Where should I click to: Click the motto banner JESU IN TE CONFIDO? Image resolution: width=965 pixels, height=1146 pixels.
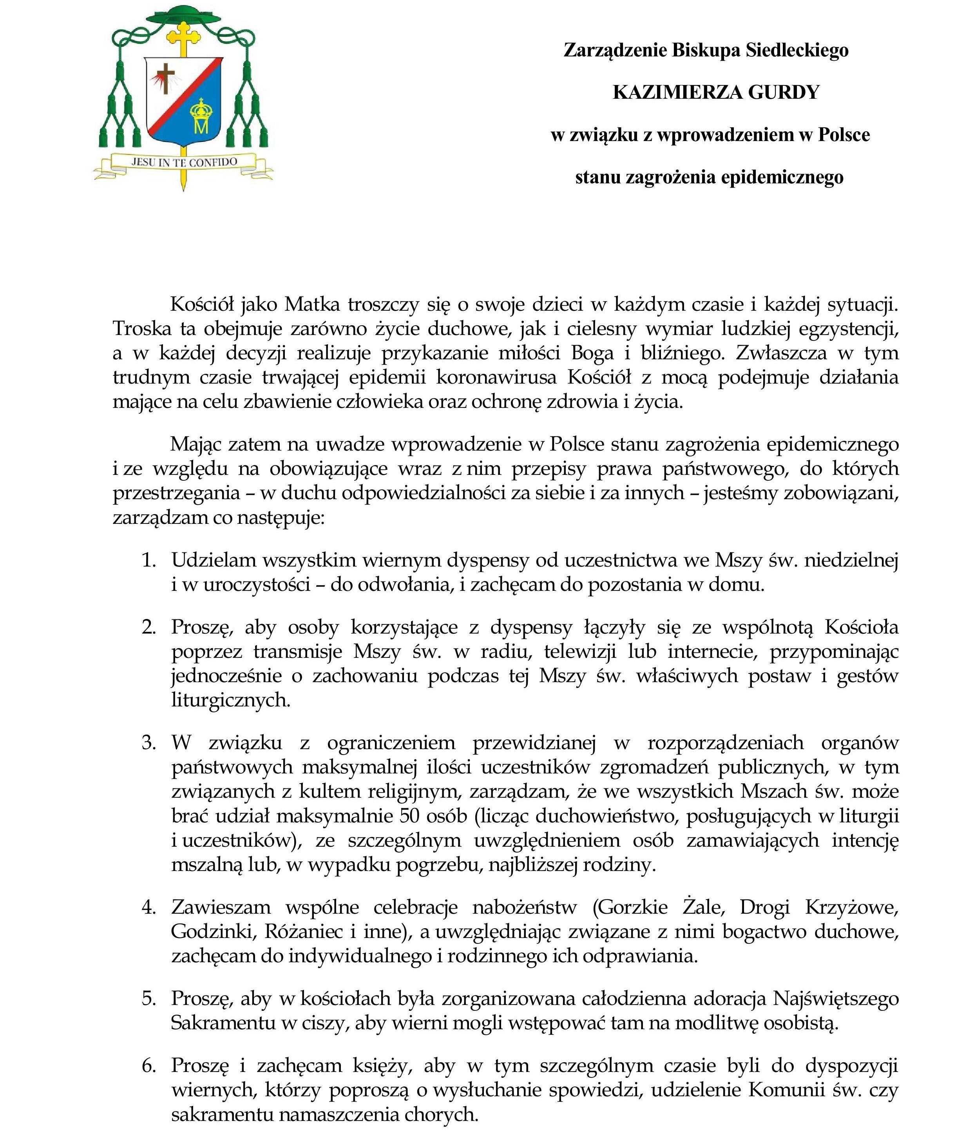click(183, 162)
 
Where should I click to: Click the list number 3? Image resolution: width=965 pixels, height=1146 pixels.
click(149, 742)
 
